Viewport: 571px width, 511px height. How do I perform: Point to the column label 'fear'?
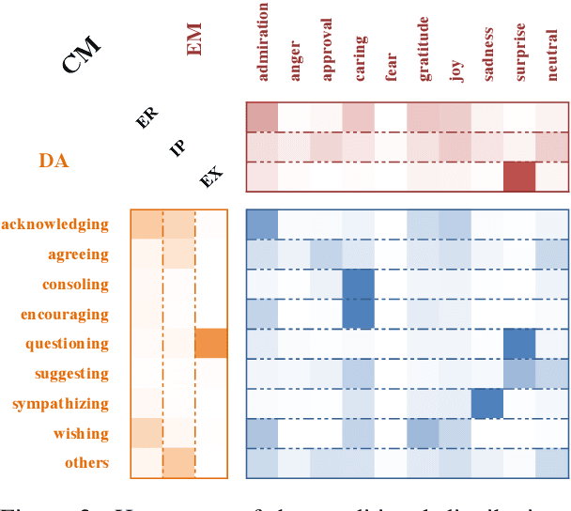click(391, 71)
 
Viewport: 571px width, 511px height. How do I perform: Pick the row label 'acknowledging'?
click(55, 224)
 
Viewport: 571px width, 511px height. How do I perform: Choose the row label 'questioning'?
click(67, 344)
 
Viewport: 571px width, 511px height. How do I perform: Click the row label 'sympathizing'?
click(60, 404)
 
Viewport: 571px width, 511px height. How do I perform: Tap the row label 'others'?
click(86, 462)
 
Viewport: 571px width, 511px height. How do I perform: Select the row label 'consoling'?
click(75, 284)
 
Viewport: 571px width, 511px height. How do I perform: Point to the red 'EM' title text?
click(195, 40)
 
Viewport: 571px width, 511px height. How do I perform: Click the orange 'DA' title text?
click(54, 161)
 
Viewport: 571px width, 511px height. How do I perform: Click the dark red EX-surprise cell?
click(519, 176)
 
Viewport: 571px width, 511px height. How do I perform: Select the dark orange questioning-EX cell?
click(210, 344)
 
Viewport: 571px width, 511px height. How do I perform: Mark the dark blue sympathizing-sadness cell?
click(486, 404)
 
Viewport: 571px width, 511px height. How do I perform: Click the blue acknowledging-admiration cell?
click(262, 224)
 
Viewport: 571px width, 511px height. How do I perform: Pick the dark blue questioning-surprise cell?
click(519, 344)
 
